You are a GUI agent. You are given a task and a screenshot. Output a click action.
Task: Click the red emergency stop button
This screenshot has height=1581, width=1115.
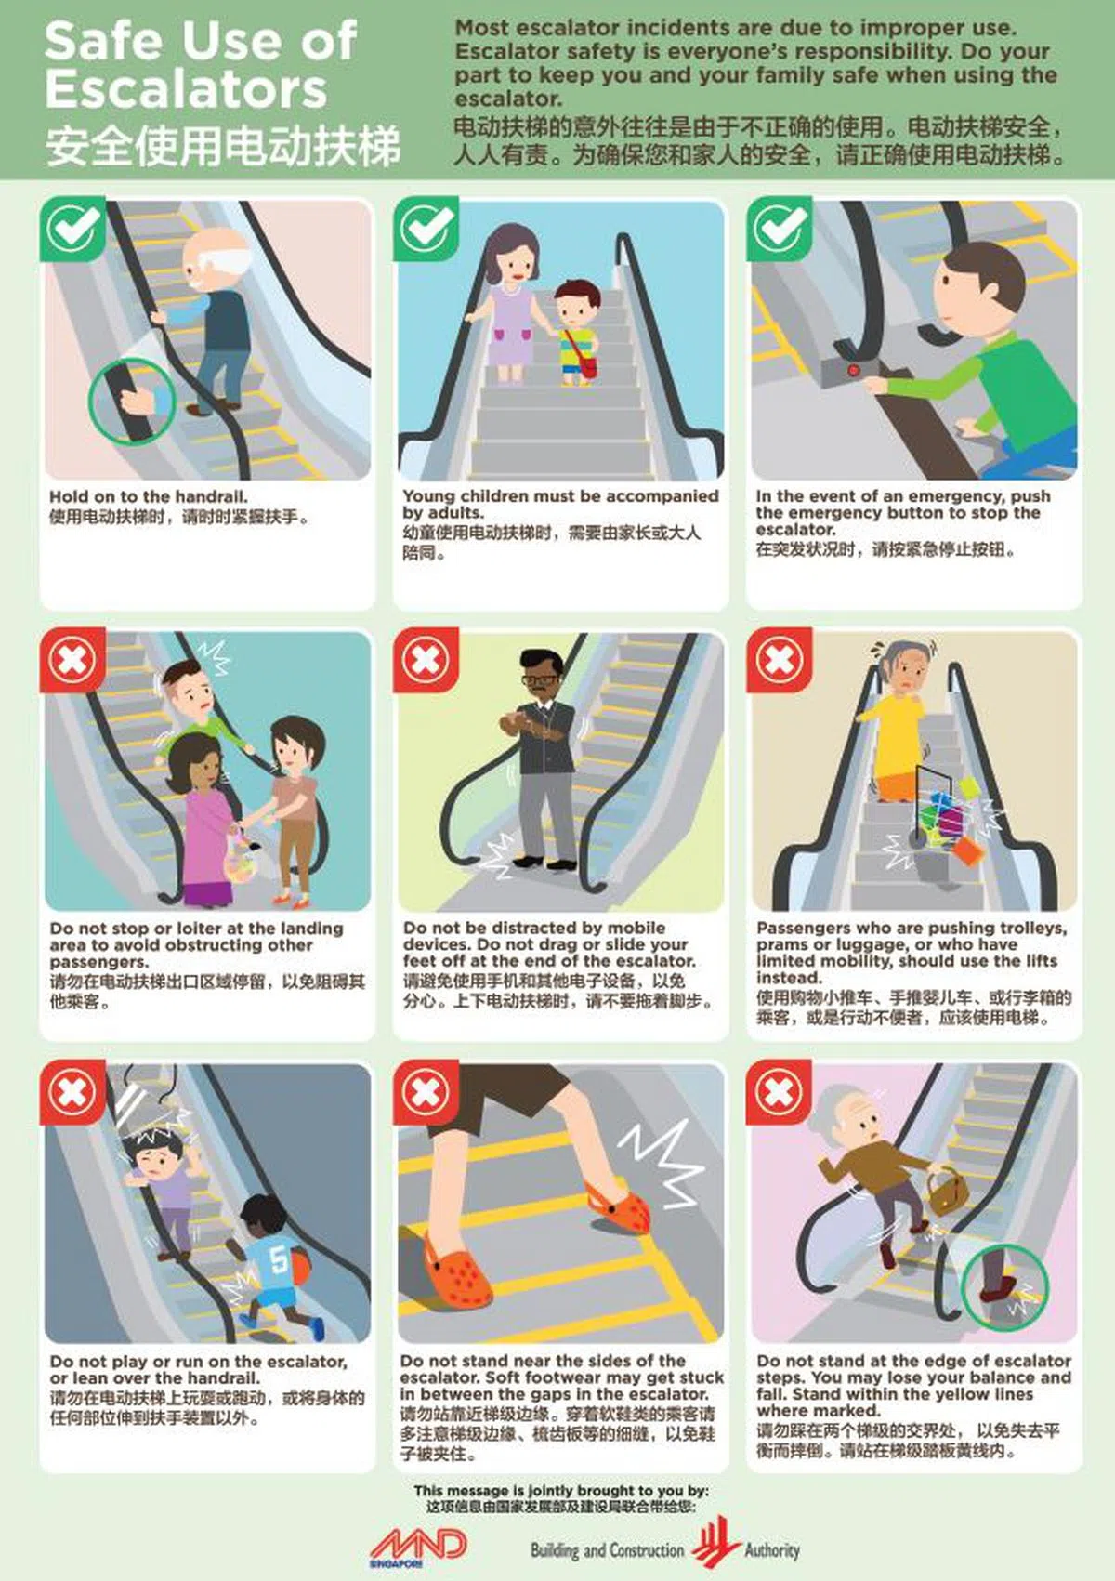[x=853, y=368]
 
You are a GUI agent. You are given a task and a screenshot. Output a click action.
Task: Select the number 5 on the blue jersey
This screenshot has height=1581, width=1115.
[x=277, y=1259]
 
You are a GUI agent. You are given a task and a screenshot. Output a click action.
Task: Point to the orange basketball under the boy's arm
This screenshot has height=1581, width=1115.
[x=300, y=1263]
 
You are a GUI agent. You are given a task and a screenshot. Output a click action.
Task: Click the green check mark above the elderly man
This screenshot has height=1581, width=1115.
[x=72, y=229]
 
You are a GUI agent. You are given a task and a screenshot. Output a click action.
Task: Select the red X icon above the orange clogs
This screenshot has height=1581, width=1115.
[x=426, y=1093]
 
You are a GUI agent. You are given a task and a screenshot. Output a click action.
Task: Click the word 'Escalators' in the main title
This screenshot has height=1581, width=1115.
[x=187, y=89]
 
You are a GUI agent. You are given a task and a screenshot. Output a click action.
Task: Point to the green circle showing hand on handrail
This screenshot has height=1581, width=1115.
[x=132, y=401]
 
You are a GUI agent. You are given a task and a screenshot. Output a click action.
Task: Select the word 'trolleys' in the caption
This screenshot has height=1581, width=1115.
[x=1032, y=929]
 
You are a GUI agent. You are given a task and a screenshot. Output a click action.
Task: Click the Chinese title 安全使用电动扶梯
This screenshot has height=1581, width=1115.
[x=224, y=146]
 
